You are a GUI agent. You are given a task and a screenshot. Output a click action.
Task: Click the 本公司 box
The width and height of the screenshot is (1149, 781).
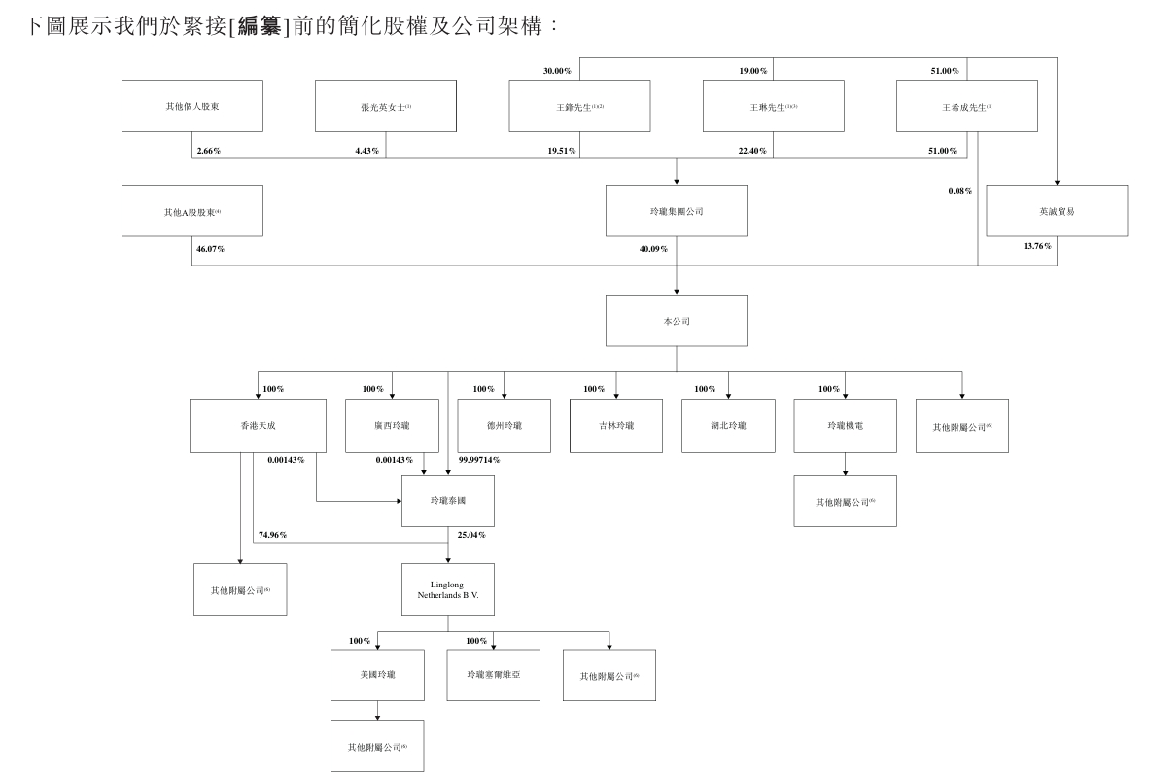click(676, 320)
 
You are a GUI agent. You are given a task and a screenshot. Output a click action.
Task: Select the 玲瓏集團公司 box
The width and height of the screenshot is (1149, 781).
click(676, 210)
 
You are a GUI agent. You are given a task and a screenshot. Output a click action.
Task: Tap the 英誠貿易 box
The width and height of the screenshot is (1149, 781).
click(1057, 210)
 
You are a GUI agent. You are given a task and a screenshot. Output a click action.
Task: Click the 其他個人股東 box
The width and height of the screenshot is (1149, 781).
click(191, 105)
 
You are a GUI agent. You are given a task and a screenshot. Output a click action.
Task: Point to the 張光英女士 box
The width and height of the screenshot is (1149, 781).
click(386, 106)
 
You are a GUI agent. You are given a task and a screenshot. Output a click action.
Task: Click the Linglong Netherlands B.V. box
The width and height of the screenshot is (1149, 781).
click(447, 589)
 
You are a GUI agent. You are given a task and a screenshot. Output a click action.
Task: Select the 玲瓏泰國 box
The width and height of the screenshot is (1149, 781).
click(447, 501)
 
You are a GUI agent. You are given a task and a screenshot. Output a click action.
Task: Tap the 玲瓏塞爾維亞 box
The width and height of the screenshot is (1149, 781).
click(493, 675)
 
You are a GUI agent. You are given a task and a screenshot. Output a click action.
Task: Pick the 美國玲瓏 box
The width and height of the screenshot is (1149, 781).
click(377, 675)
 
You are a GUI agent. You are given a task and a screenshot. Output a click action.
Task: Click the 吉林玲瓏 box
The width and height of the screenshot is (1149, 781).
click(617, 425)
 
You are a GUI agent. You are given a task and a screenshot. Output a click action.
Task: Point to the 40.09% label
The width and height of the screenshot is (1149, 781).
click(654, 249)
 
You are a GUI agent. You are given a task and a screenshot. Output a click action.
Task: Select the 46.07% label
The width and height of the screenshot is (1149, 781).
click(210, 249)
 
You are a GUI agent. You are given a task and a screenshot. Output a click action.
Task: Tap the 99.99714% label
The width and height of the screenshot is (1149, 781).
click(478, 460)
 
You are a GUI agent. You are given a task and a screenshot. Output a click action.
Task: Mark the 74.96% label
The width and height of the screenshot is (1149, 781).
click(272, 535)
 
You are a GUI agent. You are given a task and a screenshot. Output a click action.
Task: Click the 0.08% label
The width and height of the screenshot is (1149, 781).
click(959, 191)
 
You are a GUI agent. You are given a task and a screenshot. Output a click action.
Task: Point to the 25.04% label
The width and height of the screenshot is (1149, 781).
click(471, 535)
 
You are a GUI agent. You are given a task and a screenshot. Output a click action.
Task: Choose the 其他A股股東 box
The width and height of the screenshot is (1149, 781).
click(191, 210)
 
